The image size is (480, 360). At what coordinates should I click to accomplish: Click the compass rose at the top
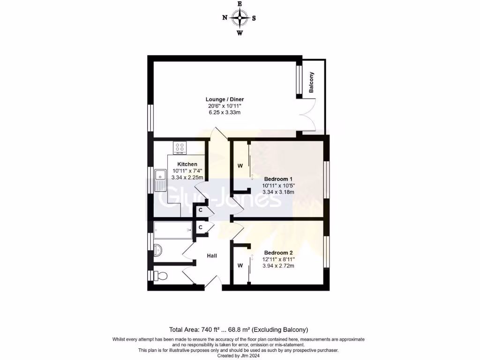tap(240, 18)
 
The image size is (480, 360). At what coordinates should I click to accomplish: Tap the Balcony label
tap(311, 82)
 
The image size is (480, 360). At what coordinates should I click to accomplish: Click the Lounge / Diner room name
tap(225, 99)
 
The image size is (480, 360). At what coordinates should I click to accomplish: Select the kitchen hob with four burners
tap(180, 148)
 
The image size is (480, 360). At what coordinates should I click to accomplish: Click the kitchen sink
tap(160, 180)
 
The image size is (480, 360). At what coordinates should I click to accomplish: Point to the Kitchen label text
tap(187, 164)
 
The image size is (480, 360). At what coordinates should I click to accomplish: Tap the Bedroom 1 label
tap(278, 179)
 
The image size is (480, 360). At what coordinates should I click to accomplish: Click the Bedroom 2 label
tap(278, 252)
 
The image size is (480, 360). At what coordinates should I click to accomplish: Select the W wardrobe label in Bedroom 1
tap(240, 166)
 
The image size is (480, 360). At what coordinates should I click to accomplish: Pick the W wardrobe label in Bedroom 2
tap(240, 266)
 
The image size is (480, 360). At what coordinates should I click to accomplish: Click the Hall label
tap(212, 255)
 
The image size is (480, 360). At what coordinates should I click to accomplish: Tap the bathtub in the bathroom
tap(172, 230)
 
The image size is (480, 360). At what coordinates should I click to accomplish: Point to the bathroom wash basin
tap(158, 251)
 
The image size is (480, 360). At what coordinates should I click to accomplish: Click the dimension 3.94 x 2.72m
tap(278, 266)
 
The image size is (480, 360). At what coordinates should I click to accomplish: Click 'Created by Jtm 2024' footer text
tap(240, 356)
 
